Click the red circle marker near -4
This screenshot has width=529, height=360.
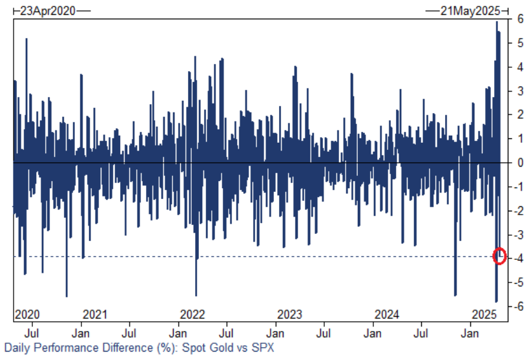click(499, 256)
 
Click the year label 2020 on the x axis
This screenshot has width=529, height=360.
click(27, 315)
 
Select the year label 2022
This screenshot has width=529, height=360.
click(192, 315)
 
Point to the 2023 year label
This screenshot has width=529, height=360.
click(289, 315)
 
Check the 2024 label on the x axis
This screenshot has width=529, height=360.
click(387, 315)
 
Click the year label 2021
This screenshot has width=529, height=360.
click(95, 315)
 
